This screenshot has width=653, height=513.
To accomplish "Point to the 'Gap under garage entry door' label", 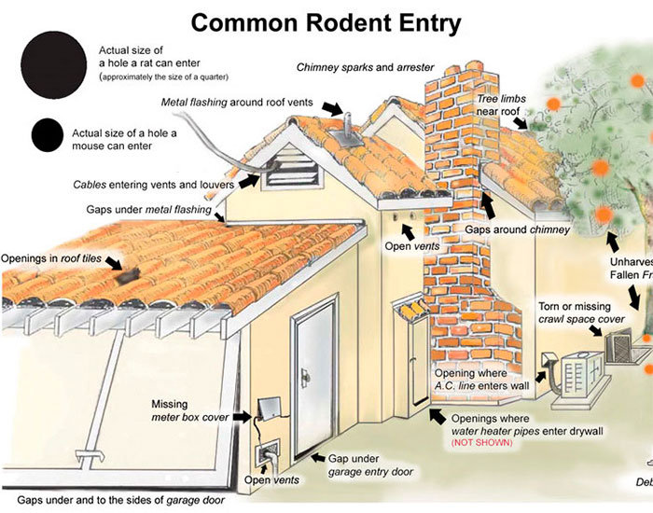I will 370,465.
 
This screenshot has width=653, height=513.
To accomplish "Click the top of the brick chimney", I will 457,75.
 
